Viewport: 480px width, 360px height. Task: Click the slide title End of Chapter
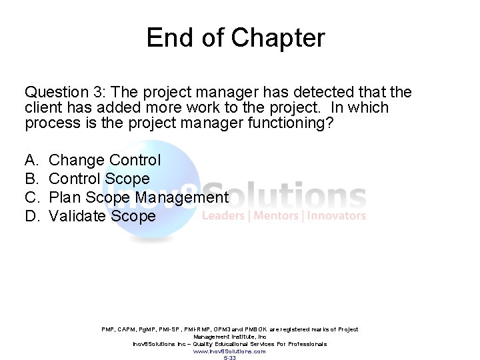pos(236,37)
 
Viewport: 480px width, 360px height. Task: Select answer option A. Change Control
pos(105,160)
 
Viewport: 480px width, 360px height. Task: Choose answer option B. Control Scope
pos(99,179)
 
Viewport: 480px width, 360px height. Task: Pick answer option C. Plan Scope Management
pos(139,197)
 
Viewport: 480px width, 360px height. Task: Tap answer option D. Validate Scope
pos(102,216)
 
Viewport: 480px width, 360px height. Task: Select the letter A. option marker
pos(31,160)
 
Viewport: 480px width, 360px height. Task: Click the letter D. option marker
pos(31,216)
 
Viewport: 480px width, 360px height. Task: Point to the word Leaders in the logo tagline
pos(222,215)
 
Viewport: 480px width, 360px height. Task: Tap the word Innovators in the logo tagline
pos(337,215)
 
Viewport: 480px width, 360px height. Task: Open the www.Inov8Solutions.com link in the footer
pos(229,351)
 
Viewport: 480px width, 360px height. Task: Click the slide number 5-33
pos(229,358)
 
